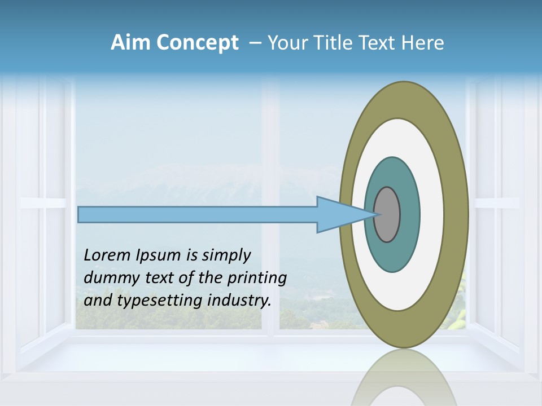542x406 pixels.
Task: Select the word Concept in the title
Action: pos(196,43)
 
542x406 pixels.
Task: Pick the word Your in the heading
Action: pos(286,43)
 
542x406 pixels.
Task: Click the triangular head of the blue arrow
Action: pos(339,215)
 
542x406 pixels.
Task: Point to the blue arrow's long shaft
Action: pos(198,215)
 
